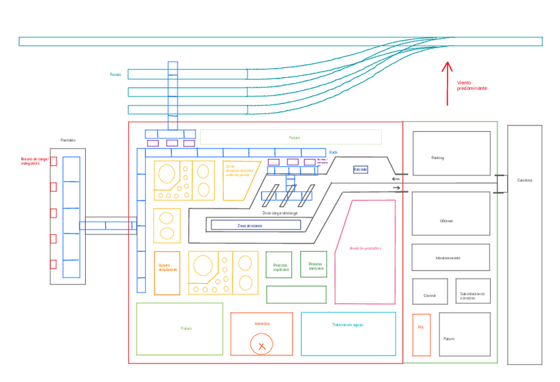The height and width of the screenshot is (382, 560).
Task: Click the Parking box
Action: (x=451, y=153)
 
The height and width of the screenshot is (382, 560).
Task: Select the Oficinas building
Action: (x=451, y=213)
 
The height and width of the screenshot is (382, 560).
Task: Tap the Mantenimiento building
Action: (x=451, y=257)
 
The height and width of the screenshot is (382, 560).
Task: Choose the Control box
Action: (x=430, y=291)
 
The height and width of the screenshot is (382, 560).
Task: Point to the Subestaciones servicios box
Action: (x=473, y=291)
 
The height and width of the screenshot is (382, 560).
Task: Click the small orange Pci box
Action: (x=421, y=334)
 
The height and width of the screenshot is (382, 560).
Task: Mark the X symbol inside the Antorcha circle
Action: (x=262, y=345)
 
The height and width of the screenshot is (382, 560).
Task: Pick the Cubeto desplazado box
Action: (x=167, y=272)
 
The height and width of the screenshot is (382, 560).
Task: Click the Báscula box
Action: (x=361, y=170)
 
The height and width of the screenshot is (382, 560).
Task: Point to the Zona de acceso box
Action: (x=256, y=225)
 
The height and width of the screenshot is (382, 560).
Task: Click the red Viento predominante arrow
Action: (x=447, y=83)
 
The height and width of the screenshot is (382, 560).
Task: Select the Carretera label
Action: (x=524, y=180)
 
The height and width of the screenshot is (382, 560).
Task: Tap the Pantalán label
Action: (x=68, y=140)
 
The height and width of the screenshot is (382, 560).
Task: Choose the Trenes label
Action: (x=115, y=75)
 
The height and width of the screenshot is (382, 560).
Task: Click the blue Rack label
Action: (x=333, y=152)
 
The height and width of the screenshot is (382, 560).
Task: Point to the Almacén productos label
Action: (x=366, y=248)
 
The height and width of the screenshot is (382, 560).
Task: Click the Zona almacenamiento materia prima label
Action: (x=238, y=170)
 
